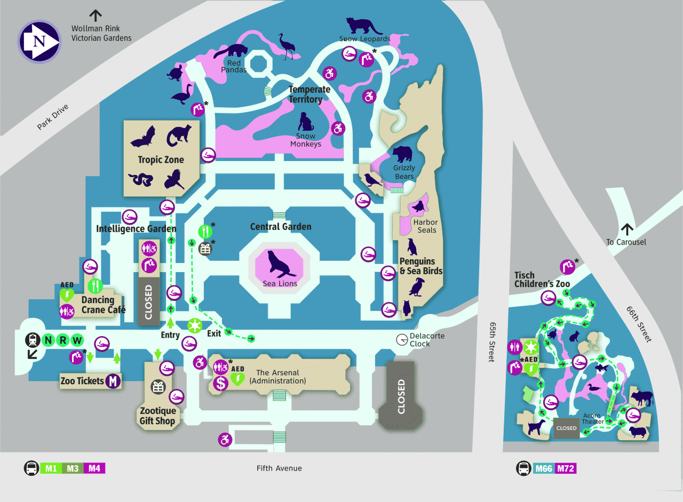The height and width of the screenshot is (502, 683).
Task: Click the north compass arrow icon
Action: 39,42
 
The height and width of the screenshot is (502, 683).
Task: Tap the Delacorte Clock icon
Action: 402,339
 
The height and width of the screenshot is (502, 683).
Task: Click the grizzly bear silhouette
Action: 402,154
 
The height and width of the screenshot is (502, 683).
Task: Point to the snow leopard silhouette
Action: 363,26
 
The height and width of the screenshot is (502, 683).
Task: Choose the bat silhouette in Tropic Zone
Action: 143,137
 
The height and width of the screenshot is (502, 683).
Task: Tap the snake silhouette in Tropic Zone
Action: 141,180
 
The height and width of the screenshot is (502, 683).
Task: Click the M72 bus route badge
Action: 566,468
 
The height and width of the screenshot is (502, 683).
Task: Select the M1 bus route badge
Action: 51,468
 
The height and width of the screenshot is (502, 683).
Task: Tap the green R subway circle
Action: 63,340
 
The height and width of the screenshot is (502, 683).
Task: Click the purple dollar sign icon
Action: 220,383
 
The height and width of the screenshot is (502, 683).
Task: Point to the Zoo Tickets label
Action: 82,381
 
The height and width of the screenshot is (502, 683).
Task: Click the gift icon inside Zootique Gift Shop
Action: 158,387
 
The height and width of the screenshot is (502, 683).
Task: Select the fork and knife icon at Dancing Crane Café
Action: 95,286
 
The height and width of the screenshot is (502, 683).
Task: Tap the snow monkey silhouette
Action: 305,122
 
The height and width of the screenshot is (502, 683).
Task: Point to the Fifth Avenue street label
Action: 279,468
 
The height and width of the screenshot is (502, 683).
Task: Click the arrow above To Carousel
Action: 627,229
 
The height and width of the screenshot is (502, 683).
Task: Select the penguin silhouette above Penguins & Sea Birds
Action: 412,246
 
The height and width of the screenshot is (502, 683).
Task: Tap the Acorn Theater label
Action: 592,418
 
